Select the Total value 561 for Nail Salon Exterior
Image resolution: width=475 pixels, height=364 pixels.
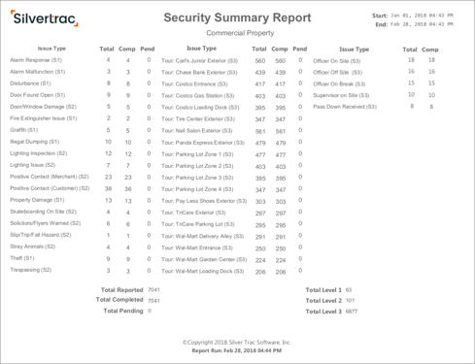[259, 131]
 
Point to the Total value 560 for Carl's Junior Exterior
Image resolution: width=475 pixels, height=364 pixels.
[259, 61]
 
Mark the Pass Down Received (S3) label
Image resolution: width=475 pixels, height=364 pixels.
[345, 107]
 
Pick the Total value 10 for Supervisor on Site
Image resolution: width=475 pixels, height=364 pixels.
[411, 95]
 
